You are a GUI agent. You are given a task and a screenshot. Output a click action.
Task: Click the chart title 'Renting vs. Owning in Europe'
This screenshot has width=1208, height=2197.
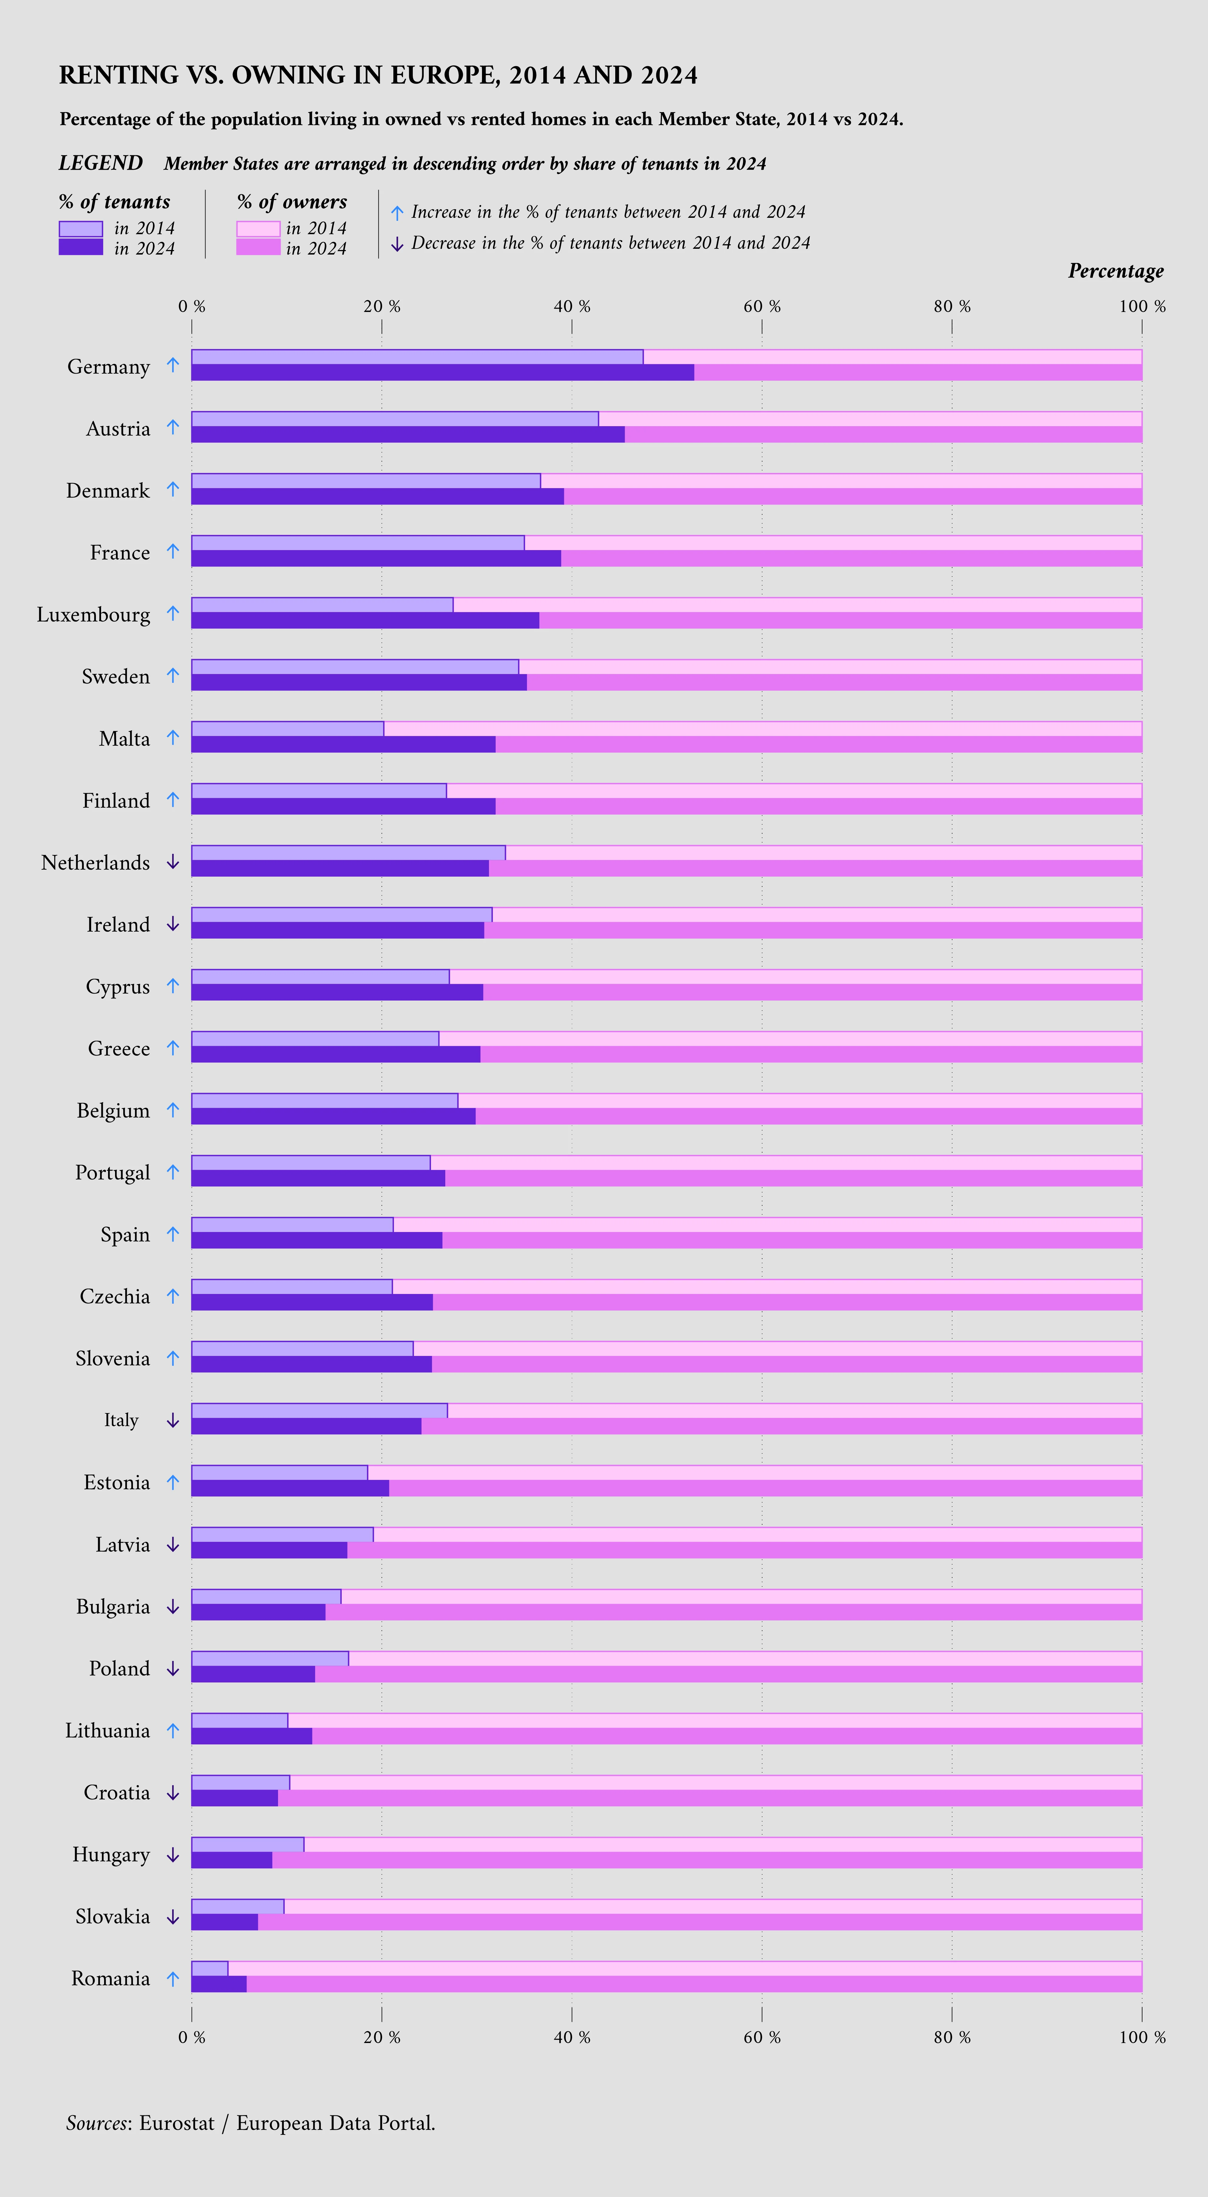click(378, 75)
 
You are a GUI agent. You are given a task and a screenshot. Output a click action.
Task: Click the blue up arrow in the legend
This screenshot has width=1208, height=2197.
click(396, 212)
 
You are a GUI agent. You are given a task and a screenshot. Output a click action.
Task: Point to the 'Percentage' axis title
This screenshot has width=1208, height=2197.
click(1115, 271)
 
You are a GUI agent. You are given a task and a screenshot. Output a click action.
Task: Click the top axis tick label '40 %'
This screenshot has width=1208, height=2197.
click(571, 306)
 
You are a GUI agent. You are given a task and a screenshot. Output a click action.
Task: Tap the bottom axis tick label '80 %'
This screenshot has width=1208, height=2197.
click(952, 2038)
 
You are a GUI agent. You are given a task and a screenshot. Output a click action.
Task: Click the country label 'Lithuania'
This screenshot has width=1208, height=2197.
click(107, 1730)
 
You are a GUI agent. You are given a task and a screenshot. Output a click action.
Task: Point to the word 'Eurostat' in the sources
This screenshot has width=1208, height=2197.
click(176, 2123)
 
